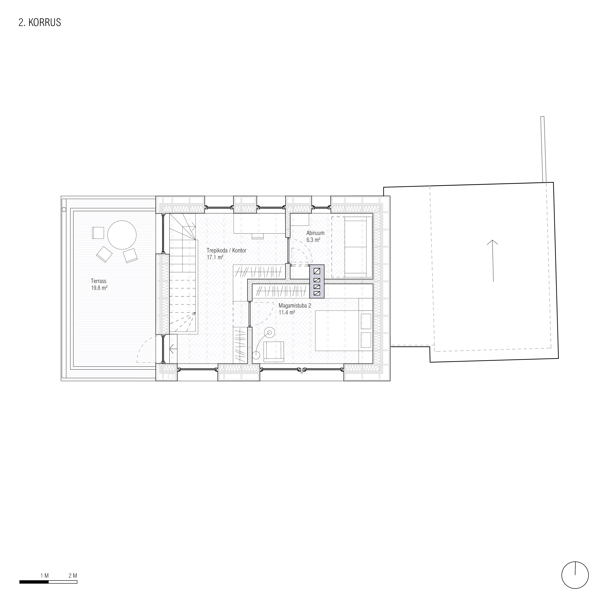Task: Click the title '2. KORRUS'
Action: (40, 23)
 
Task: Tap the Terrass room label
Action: (99, 281)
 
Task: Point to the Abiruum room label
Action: (315, 233)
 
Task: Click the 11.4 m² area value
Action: (287, 312)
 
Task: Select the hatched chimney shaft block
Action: (317, 281)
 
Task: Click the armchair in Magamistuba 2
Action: (274, 350)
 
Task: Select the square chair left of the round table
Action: (98, 233)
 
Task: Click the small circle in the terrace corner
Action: (64, 209)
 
